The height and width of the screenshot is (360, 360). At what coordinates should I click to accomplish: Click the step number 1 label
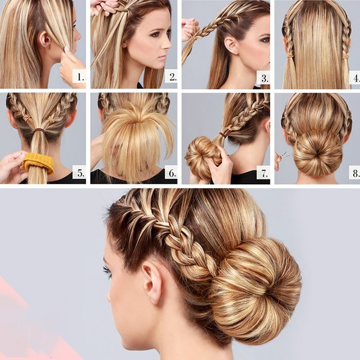(80, 77)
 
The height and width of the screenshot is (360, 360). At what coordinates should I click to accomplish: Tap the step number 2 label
(173, 77)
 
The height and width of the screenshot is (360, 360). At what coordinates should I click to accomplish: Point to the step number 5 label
(80, 173)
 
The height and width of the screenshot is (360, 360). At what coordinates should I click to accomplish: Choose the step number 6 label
(172, 173)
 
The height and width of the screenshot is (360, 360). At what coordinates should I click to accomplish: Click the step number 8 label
(355, 173)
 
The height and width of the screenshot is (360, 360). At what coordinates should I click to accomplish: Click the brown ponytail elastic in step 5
(40, 130)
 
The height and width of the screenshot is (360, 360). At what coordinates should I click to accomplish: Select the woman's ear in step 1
(45, 40)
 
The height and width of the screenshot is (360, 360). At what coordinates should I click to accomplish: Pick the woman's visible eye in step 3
(266, 40)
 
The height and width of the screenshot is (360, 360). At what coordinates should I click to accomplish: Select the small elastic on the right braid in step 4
(345, 56)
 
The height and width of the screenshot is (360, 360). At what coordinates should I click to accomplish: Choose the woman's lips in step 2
(163, 57)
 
